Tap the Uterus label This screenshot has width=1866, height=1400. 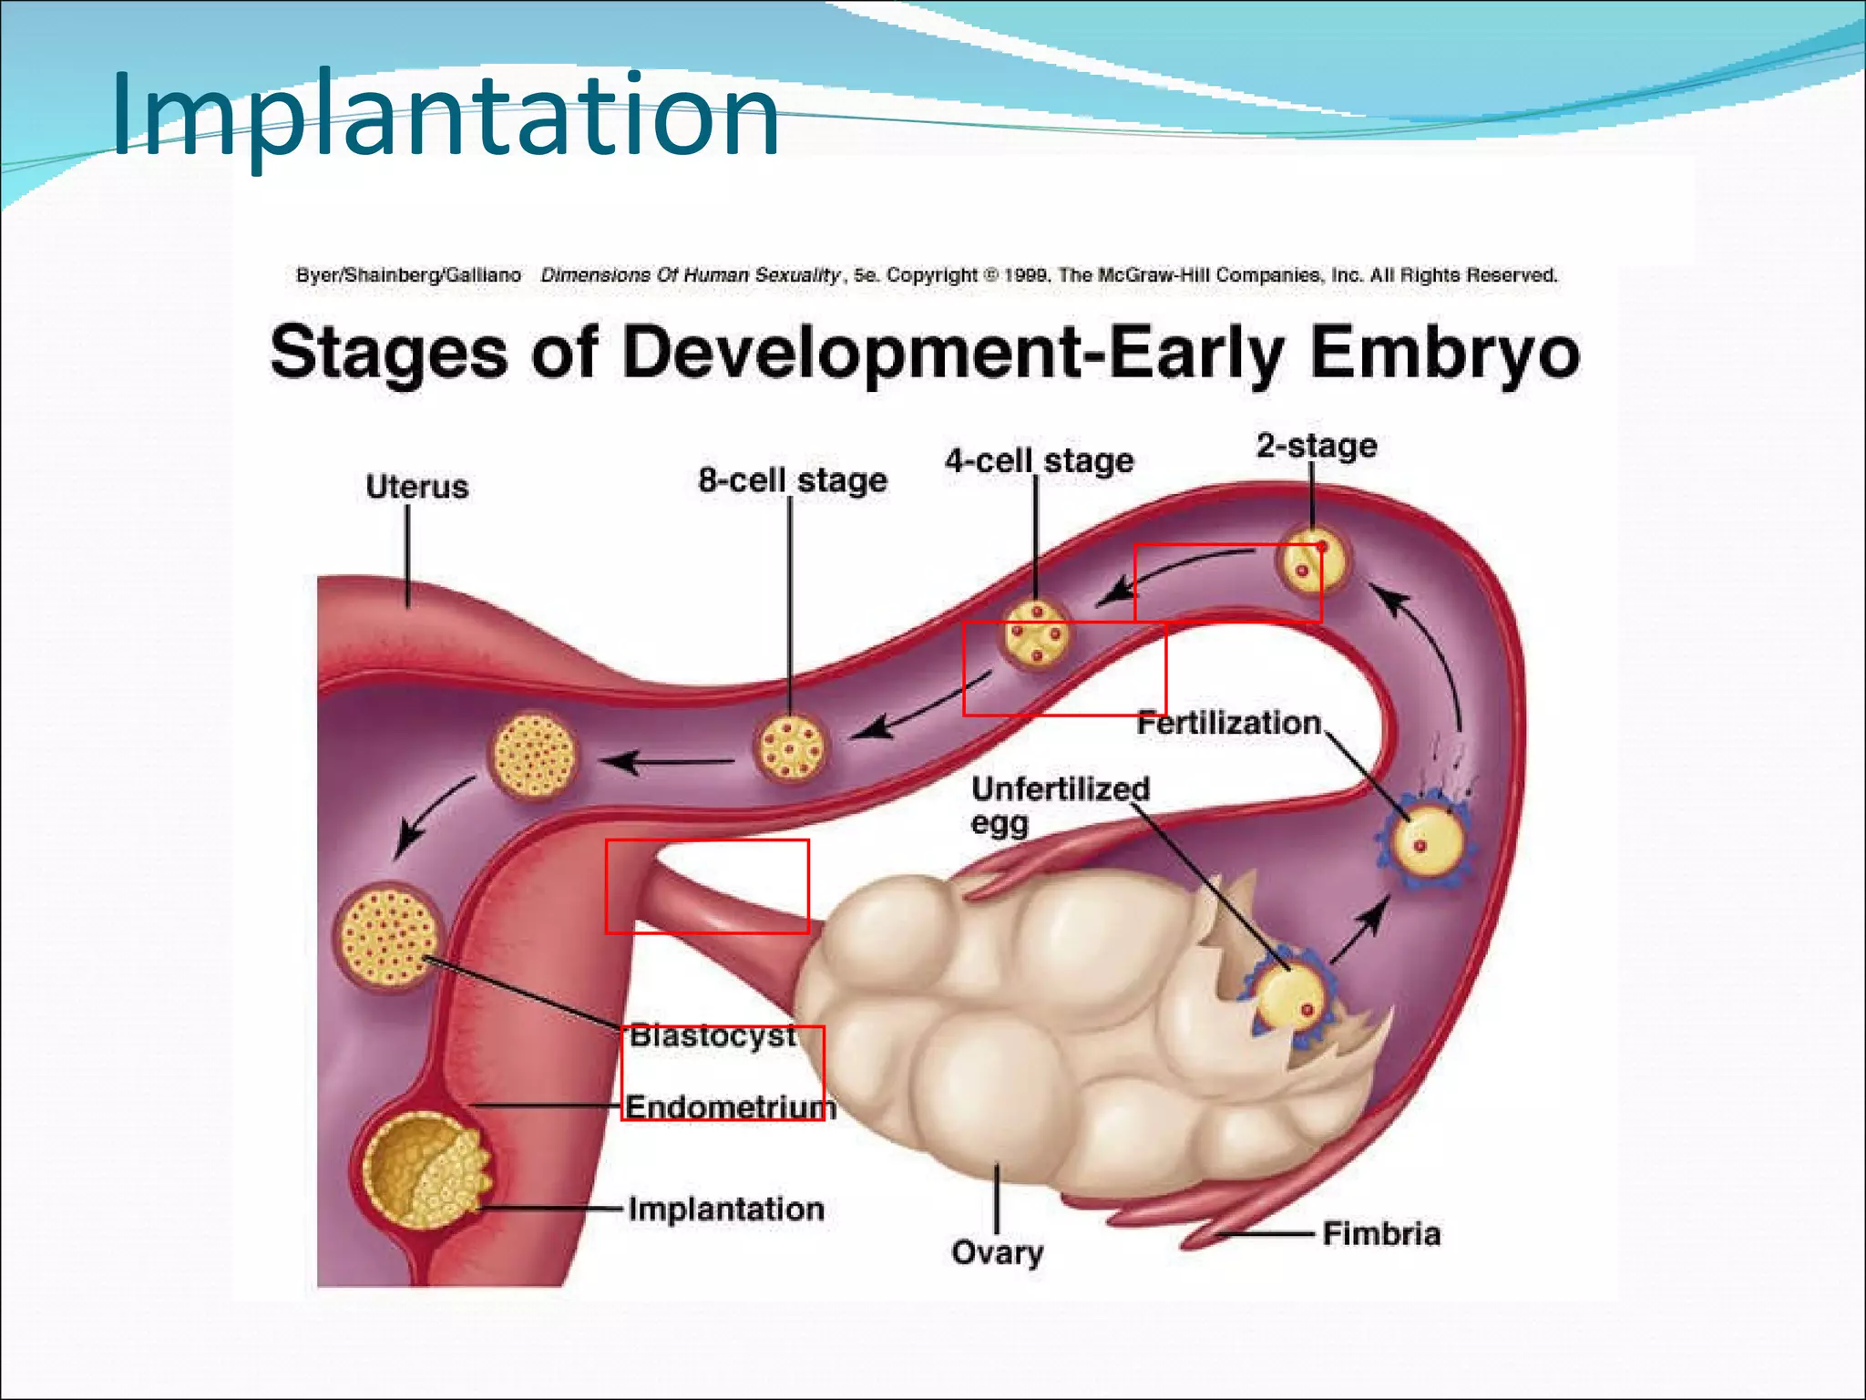416,487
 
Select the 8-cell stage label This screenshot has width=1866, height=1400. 792,480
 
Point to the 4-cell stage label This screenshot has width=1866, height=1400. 1039,461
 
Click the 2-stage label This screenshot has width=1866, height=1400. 1316,446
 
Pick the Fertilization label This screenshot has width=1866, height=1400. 1228,723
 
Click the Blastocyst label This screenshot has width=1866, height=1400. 713,1035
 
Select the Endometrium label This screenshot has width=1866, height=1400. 730,1107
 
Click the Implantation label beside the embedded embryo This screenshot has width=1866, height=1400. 726,1210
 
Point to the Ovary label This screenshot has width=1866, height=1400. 997,1252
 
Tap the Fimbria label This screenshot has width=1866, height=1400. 1381,1234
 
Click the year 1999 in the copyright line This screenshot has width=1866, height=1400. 1026,275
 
